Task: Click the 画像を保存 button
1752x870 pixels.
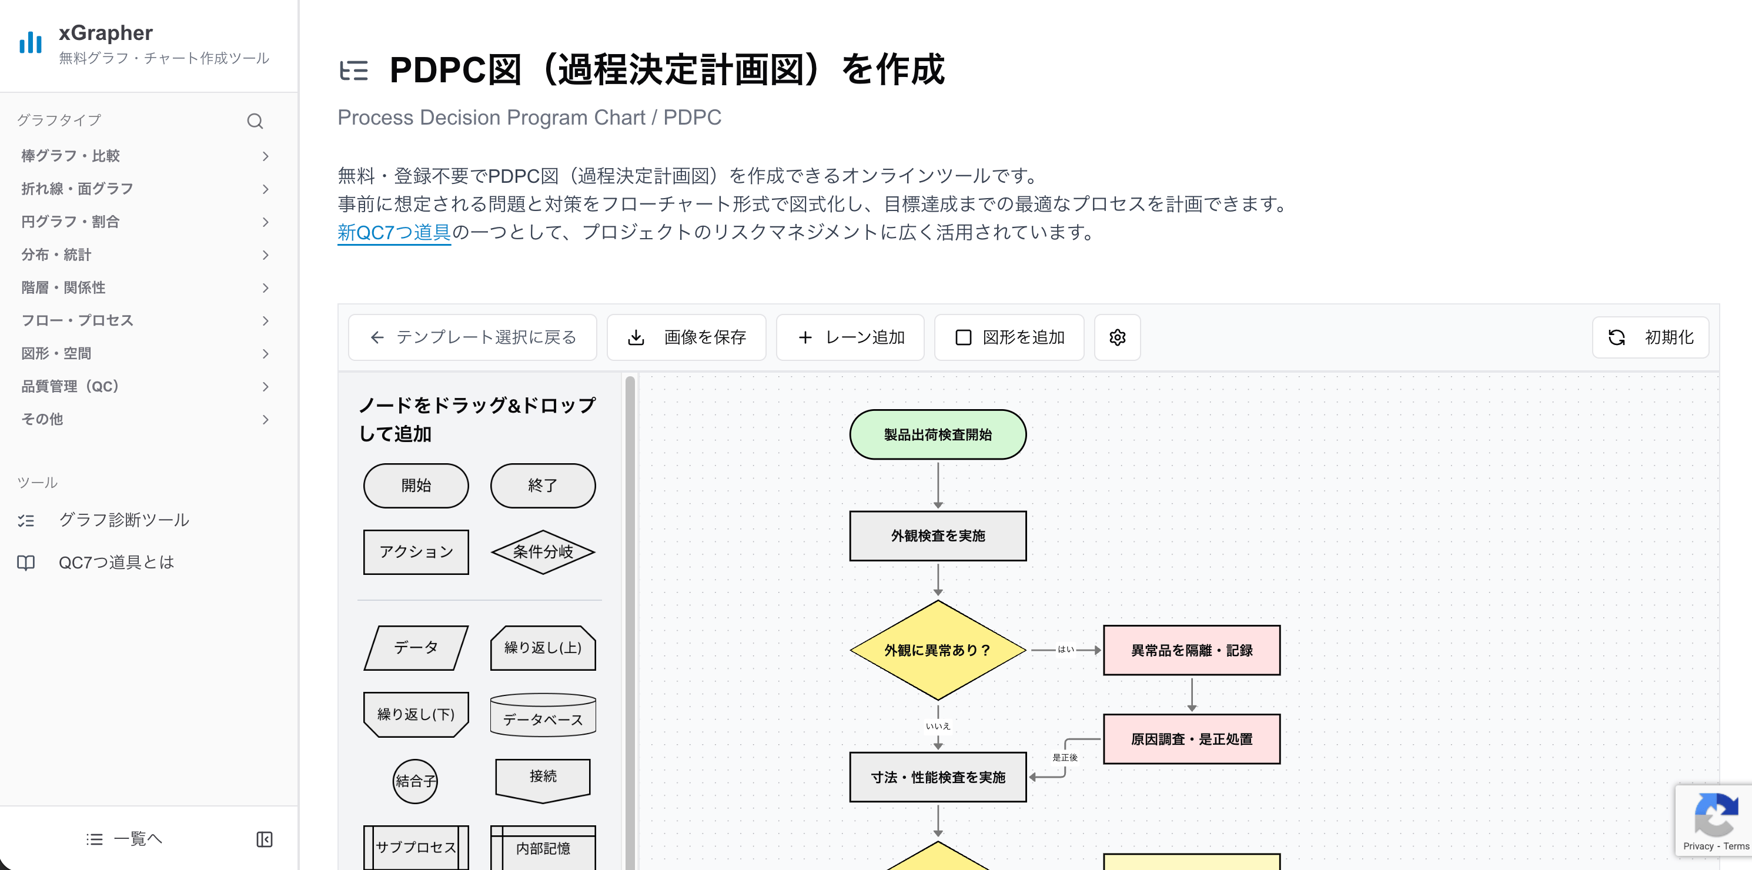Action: click(x=686, y=337)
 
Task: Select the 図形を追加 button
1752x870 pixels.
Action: click(x=1009, y=337)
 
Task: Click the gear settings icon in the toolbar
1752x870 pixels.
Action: click(x=1117, y=337)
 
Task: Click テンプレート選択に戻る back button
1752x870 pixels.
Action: click(x=473, y=337)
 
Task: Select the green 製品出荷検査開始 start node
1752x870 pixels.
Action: click(x=937, y=434)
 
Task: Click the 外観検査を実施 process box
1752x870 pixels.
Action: click(x=937, y=536)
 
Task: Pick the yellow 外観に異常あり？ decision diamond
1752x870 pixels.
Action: click(x=937, y=650)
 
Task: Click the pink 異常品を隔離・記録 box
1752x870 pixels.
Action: click(x=1191, y=650)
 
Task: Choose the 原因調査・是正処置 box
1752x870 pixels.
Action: click(x=1191, y=739)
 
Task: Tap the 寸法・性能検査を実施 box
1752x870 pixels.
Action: click(x=937, y=777)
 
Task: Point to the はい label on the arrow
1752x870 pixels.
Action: click(x=1065, y=650)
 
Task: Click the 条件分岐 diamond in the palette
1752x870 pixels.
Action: click(x=543, y=551)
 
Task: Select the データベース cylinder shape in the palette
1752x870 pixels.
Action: click(x=543, y=715)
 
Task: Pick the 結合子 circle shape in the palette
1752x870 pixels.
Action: click(x=415, y=781)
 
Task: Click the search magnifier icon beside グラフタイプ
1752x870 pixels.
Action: click(x=255, y=121)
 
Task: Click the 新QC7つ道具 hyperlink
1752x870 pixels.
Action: click(x=394, y=233)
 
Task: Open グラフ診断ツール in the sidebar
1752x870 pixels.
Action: click(x=124, y=520)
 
